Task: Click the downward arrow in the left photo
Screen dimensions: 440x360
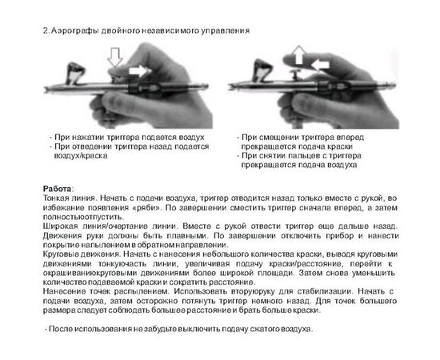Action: (x=113, y=56)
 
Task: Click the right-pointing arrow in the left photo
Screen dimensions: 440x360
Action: (x=138, y=72)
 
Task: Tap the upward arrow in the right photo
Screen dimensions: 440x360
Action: (x=298, y=54)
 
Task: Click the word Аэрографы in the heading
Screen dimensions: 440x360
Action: (x=75, y=30)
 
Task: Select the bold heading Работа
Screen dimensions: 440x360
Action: (x=57, y=187)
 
